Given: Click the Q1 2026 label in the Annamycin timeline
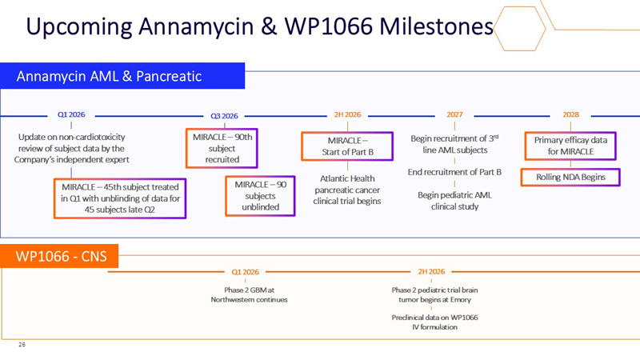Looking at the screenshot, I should pos(72,115).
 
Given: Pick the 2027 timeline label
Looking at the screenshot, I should pos(454,115).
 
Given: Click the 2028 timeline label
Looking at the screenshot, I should pos(570,115).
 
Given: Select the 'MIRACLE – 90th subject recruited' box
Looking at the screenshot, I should pos(222,148).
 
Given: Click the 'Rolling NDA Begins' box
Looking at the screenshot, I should pos(570,177).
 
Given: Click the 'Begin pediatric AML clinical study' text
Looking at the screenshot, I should pos(454,200).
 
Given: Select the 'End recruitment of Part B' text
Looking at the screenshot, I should pos(454,172).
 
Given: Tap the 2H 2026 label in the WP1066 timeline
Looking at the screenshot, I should pos(432,271).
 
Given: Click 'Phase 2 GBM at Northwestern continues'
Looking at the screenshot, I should pos(249,294).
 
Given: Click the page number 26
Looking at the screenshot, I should pos(22,346).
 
